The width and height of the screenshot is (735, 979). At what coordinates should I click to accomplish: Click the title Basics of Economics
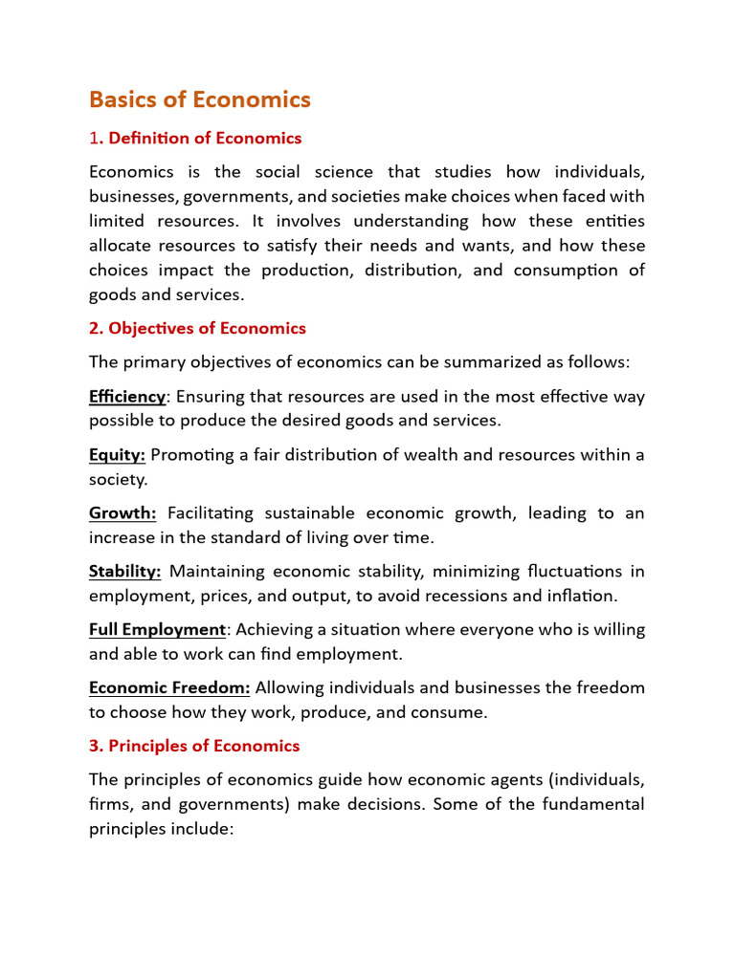pyautogui.click(x=200, y=99)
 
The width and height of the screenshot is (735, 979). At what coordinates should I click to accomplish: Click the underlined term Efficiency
pyautogui.click(x=127, y=396)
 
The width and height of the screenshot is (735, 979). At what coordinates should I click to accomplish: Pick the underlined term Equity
pyautogui.click(x=117, y=455)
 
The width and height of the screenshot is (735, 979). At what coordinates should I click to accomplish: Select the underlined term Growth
pyautogui.click(x=122, y=513)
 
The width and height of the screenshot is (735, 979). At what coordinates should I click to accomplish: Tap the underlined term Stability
pyautogui.click(x=124, y=572)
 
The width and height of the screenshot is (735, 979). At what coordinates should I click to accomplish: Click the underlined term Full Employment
pyautogui.click(x=157, y=630)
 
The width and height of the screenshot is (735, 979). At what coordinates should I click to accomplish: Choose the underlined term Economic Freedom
pyautogui.click(x=169, y=688)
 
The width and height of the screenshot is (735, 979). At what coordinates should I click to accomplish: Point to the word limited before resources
pyautogui.click(x=117, y=221)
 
